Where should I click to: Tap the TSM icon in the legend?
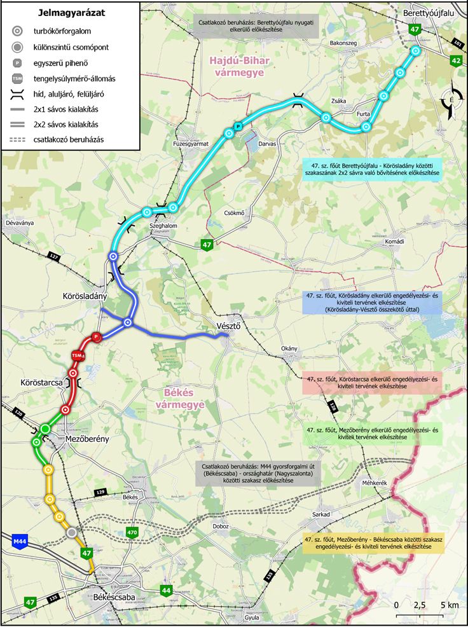click(19, 79)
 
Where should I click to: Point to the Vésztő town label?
click(225, 326)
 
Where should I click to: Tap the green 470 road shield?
click(132, 532)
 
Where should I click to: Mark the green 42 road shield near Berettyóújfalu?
click(455, 60)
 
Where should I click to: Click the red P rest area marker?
click(97, 337)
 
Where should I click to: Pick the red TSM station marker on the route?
click(77, 355)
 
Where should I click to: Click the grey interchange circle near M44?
click(72, 532)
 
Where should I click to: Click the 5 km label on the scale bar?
click(448, 604)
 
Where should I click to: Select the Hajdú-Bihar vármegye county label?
click(238, 67)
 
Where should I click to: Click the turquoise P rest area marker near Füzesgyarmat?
click(238, 127)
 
